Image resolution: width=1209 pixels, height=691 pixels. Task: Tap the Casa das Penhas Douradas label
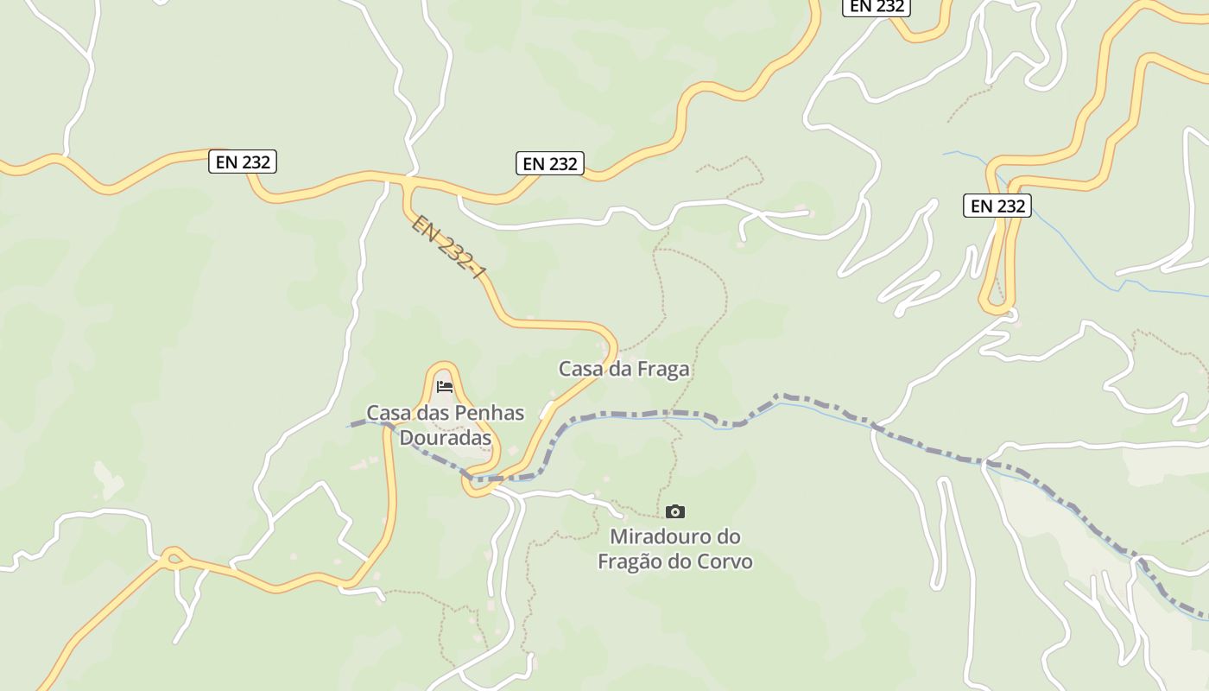pos(445,425)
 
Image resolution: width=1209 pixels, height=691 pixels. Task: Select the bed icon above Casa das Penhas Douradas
pos(445,386)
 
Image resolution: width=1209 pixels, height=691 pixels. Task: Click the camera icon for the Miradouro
pos(675,511)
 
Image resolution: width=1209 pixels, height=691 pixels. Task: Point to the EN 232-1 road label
pos(448,248)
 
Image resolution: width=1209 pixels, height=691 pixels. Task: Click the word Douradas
pos(445,438)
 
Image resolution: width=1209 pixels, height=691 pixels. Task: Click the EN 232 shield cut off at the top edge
pos(877,6)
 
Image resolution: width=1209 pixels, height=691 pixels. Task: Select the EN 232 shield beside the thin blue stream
pos(997,206)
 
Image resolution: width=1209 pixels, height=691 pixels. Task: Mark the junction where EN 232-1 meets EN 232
pos(407,184)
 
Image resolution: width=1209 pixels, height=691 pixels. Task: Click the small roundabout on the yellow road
pos(173,557)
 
